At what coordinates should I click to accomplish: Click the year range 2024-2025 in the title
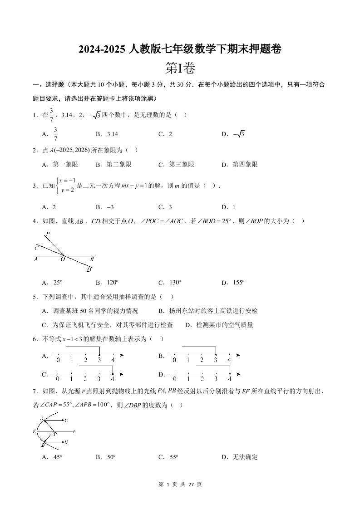pos(101,49)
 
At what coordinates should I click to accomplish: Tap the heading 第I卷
pos(180,68)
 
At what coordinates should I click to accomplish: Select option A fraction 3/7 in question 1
pos(56,134)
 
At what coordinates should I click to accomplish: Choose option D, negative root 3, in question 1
pos(239,134)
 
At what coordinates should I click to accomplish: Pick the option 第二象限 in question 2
pos(119,164)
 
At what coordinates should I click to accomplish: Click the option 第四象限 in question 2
pos(245,164)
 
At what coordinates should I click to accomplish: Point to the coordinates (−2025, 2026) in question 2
pos(70,150)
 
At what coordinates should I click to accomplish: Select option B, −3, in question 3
pos(110,207)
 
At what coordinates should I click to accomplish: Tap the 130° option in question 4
pos(175,282)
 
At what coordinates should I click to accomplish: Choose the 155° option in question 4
pos(238,282)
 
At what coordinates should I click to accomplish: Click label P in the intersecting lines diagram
pos(47,234)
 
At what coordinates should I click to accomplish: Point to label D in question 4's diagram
pos(89,270)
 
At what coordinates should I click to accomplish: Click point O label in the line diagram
pos(63,260)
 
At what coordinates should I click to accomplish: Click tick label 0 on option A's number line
pos(58,360)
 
